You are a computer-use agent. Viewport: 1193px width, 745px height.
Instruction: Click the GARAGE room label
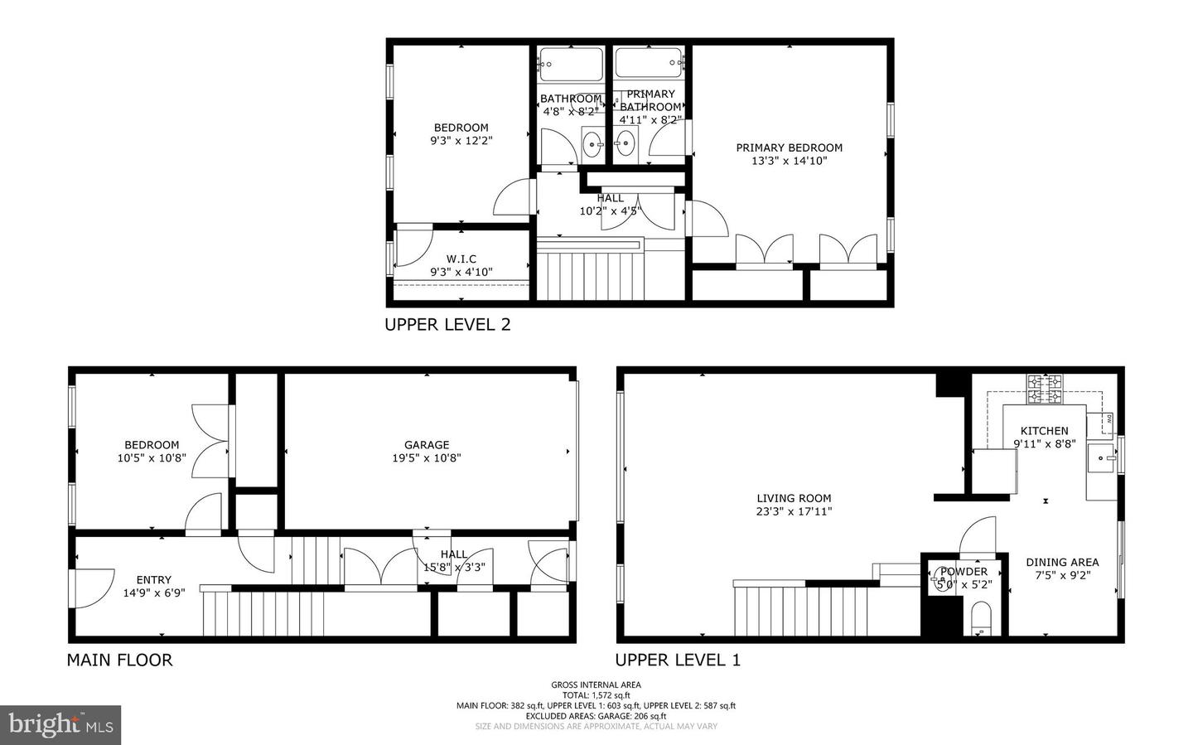pos(427,445)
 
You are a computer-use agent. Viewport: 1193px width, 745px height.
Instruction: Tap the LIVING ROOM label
pos(793,499)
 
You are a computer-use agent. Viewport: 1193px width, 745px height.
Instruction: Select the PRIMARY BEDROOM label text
pos(789,148)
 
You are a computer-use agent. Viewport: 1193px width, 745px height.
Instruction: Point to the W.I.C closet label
pos(461,259)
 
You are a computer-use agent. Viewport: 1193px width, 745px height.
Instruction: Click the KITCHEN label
pos(1044,431)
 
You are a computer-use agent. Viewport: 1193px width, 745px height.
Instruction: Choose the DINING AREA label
pos(1062,562)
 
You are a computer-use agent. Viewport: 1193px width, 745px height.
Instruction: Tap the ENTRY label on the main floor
pos(153,580)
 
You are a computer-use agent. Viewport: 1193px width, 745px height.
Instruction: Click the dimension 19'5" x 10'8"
pos(427,458)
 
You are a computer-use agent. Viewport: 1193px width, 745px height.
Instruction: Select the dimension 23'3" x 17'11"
pos(794,512)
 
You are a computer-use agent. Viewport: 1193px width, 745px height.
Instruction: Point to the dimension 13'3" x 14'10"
pos(789,161)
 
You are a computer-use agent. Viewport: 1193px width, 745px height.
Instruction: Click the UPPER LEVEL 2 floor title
pos(447,325)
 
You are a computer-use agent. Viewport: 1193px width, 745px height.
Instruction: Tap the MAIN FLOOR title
pos(119,660)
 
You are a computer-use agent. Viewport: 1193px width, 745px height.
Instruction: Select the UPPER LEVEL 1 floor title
pos(677,660)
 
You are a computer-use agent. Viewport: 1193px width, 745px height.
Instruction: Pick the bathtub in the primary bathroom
pos(649,62)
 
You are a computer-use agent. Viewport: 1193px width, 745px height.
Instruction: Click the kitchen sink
pos(1102,457)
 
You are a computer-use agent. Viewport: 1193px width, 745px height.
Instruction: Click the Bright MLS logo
pos(60,725)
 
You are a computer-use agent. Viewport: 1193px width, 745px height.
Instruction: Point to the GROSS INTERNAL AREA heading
pos(596,685)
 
